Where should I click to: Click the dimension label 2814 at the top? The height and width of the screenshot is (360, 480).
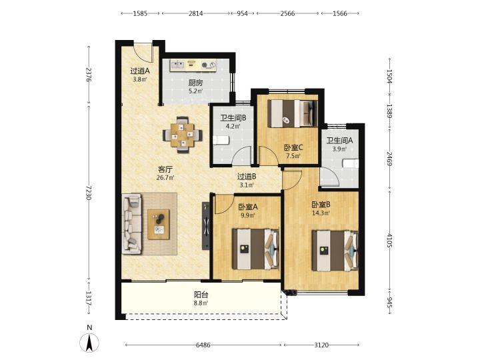tap(195, 13)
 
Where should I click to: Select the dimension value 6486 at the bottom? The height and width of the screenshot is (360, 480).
tap(203, 345)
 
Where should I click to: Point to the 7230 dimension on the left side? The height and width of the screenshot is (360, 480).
tap(89, 193)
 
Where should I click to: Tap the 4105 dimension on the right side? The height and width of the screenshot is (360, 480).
tap(389, 241)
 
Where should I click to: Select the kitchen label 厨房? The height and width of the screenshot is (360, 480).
tap(195, 83)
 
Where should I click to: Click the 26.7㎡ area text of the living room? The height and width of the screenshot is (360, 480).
tap(165, 177)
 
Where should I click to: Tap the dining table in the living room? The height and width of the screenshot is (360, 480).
tap(183, 135)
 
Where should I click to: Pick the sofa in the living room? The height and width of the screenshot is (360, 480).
tap(132, 224)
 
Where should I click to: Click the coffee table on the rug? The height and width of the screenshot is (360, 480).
tap(159, 225)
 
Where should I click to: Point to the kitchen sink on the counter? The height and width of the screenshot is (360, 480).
tap(177, 65)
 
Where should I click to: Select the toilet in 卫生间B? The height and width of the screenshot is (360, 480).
tap(221, 140)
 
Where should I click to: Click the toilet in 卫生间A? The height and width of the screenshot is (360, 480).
tap(351, 163)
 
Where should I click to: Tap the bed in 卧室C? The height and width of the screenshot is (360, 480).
tap(293, 113)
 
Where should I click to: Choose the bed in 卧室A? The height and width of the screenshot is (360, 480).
tap(255, 249)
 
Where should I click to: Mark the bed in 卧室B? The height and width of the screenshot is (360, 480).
tap(335, 251)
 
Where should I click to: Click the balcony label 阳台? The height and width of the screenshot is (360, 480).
tap(201, 295)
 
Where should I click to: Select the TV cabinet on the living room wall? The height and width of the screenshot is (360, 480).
tap(206, 226)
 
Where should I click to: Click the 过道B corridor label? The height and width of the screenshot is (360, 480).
tap(247, 177)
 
